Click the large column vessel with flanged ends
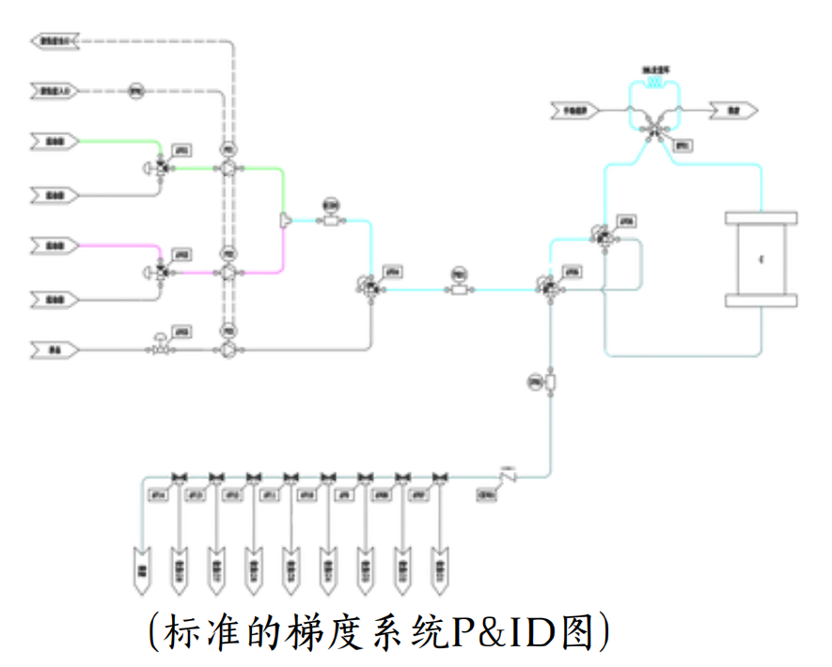pos(761,259)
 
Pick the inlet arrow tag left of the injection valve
pos(575,111)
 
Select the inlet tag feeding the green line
pos(55,142)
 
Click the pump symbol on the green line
pos(227,169)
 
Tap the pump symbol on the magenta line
pos(227,272)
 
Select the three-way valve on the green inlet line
pos(162,168)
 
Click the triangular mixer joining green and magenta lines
pos(285,221)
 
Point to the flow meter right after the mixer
pos(330,220)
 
